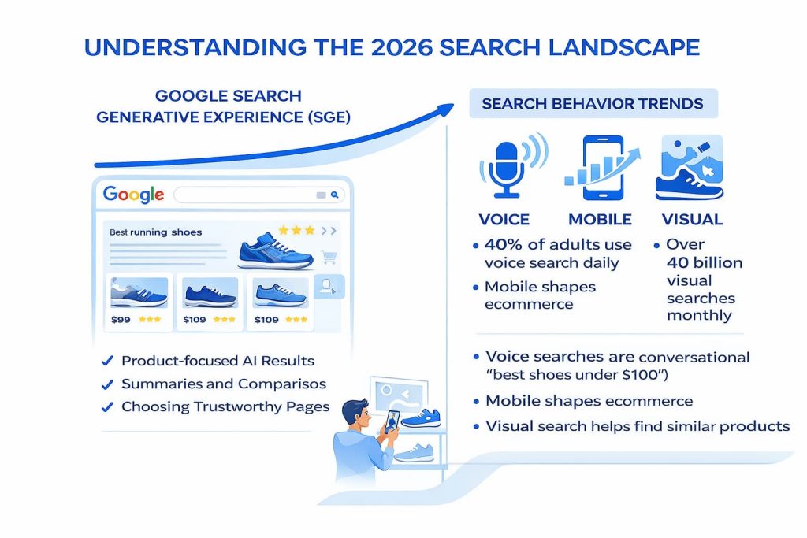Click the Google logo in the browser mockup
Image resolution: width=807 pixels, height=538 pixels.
pyautogui.click(x=133, y=194)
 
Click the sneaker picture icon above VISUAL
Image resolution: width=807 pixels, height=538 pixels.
pyautogui.click(x=689, y=167)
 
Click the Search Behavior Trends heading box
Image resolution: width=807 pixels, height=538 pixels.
pyautogui.click(x=593, y=104)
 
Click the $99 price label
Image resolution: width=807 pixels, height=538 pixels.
pyautogui.click(x=121, y=319)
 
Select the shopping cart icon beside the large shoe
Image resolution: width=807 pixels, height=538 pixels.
pyautogui.click(x=329, y=258)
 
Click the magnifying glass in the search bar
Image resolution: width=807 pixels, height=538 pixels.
pyautogui.click(x=335, y=195)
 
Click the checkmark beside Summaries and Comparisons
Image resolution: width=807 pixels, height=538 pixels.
pyautogui.click(x=107, y=384)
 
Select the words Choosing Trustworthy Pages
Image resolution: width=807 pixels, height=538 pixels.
pyautogui.click(x=225, y=407)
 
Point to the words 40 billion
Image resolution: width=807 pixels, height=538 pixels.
pyautogui.click(x=704, y=262)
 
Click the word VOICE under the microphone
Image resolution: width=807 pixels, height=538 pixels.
pyautogui.click(x=504, y=219)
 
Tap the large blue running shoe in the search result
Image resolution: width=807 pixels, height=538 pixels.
pyautogui.click(x=275, y=250)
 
